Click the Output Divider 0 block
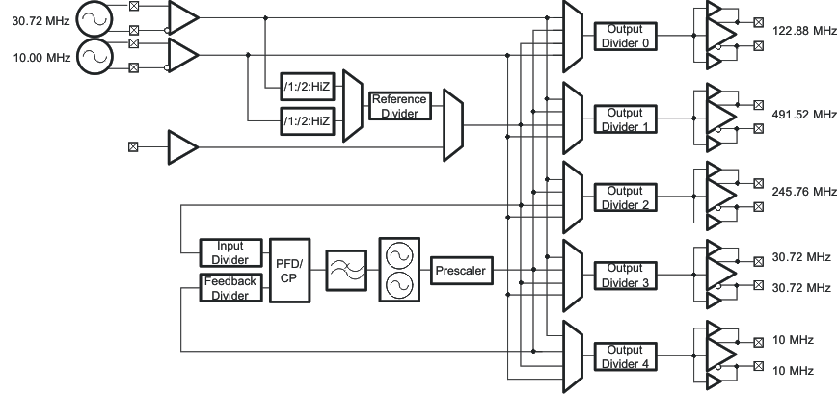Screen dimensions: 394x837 pos(625,35)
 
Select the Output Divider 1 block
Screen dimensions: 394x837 pos(625,119)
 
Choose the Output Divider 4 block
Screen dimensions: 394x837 pos(625,357)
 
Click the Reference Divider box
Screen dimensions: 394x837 pos(398,106)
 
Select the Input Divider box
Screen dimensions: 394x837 pos(230,253)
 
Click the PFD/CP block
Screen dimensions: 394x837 pos(288,271)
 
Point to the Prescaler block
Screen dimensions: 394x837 pos(461,272)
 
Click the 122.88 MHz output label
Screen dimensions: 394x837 pos(803,31)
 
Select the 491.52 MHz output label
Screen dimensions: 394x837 pos(803,114)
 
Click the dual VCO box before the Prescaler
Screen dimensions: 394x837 pos(399,272)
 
